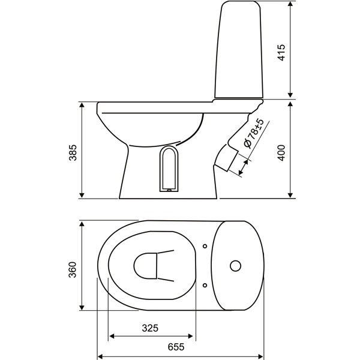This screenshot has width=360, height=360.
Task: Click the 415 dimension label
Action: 281,52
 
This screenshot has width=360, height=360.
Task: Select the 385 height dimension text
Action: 73,152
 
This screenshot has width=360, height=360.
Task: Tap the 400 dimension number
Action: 281,152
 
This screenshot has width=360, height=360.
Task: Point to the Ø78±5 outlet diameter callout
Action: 253,133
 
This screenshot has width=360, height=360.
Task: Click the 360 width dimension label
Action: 73,269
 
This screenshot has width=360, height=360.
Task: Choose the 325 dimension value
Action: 150,328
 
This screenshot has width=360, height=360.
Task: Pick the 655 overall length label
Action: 176,347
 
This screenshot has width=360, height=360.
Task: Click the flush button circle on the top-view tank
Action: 235,266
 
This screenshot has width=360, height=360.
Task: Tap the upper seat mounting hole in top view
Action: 205,246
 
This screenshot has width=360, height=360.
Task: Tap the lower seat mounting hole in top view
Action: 205,286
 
